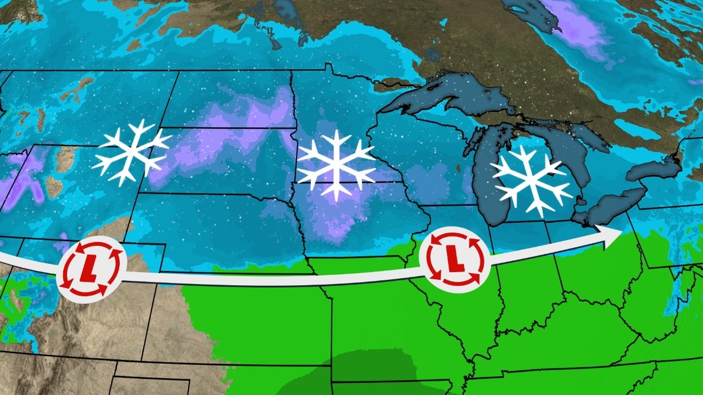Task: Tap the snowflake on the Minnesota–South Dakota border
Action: [334, 165]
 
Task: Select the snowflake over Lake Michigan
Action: [531, 180]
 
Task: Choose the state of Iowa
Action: [368, 230]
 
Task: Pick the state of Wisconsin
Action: [417, 165]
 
